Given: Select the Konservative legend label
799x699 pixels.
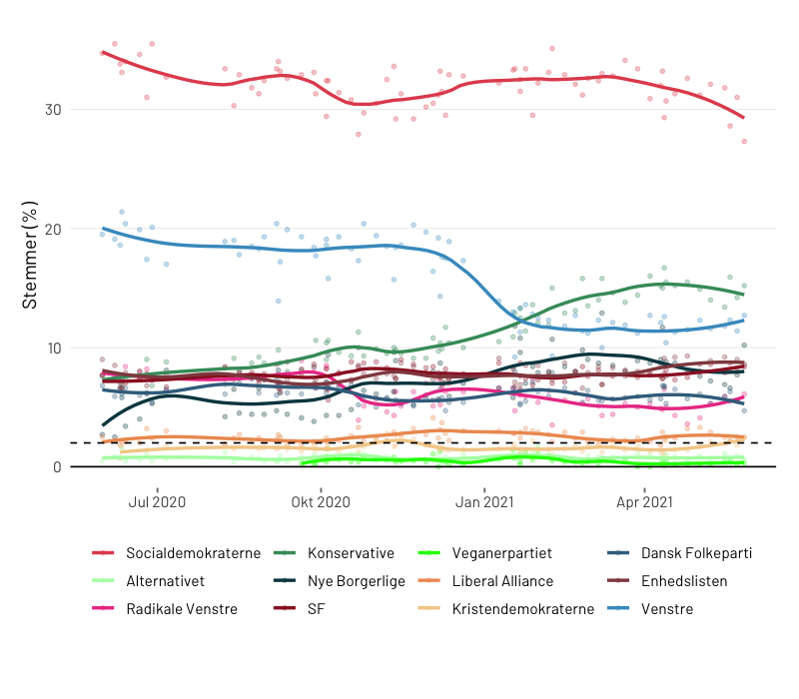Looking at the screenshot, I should [351, 552].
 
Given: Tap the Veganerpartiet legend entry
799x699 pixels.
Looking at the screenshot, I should [501, 552].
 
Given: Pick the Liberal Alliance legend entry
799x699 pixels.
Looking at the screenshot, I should [502, 580].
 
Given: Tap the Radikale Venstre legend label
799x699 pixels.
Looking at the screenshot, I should [182, 608].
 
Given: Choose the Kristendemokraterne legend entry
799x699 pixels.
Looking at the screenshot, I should [522, 608].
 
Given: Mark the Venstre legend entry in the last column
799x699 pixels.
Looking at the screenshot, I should [666, 608].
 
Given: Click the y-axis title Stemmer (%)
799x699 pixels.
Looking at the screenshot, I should [31, 255].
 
